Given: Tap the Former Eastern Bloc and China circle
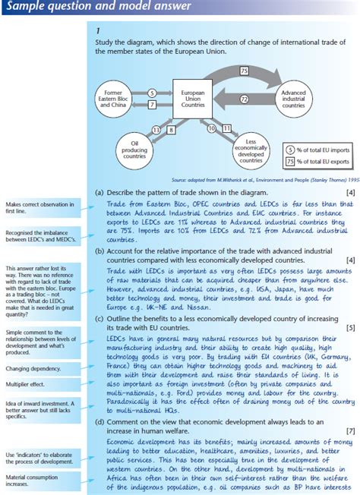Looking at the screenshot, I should click(113, 99).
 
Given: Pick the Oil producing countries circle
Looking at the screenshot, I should click(134, 147).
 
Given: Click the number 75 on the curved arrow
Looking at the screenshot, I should click(243, 71).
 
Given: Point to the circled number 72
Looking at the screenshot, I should click(245, 99).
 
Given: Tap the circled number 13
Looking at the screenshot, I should click(156, 130).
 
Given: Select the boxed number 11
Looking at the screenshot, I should click(226, 130).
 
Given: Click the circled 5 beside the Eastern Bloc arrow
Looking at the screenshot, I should click(151, 93).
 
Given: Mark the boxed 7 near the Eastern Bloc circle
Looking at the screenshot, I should click(151, 104).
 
